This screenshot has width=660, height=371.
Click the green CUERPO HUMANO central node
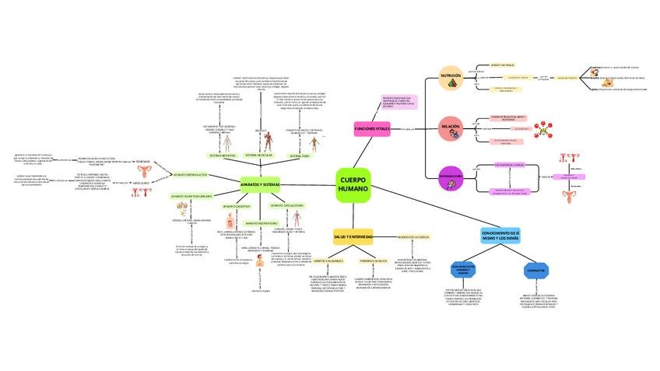(x=356, y=185)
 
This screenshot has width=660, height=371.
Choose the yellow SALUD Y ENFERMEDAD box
(x=353, y=236)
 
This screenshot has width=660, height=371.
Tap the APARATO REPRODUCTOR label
(x=190, y=175)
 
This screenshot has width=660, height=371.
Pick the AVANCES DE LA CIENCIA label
(x=412, y=236)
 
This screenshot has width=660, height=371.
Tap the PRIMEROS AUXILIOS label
(x=373, y=261)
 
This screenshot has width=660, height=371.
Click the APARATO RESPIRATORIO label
(x=262, y=222)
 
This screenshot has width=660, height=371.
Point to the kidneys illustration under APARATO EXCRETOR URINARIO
(x=183, y=208)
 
